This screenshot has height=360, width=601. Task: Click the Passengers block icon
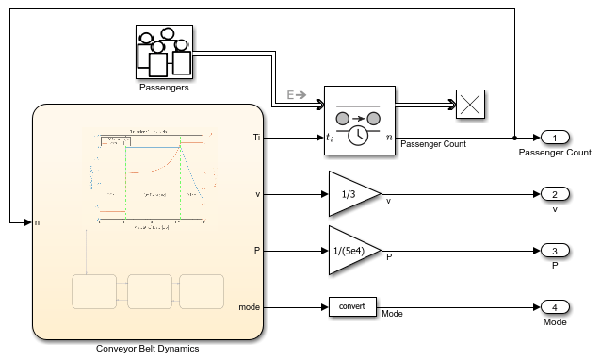163,53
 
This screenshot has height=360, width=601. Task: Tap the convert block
352,307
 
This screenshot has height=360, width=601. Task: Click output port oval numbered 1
555,139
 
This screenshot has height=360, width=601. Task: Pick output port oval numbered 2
555,195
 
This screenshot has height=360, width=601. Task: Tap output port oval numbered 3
555,251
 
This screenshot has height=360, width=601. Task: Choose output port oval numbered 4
555,307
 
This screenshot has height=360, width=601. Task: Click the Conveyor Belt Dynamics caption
147,348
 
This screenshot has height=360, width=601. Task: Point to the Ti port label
256,139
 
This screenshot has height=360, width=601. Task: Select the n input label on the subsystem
38,222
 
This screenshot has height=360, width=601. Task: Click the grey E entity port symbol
297,94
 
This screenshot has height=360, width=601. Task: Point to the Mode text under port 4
555,321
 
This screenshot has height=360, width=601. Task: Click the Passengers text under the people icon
163,89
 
